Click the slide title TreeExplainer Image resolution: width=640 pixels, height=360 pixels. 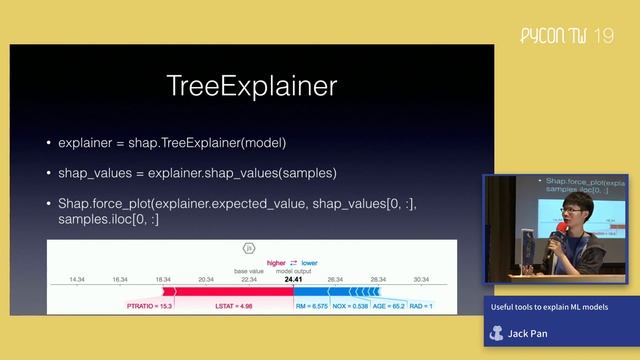[x=251, y=86]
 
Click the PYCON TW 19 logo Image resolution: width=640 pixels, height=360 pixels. [x=567, y=37]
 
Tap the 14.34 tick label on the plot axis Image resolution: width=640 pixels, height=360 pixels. [x=76, y=280]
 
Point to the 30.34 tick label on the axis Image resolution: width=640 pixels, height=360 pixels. [x=420, y=280]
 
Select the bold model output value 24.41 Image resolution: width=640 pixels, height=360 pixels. [x=293, y=280]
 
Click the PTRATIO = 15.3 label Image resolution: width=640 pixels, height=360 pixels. [x=150, y=306]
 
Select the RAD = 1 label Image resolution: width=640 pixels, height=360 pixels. [x=421, y=306]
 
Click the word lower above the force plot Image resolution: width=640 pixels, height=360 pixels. [x=309, y=263]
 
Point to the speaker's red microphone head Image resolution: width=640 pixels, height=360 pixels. [x=562, y=229]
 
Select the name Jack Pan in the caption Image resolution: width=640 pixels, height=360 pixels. [x=528, y=333]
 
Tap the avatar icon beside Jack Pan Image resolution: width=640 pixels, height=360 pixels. [x=497, y=333]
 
